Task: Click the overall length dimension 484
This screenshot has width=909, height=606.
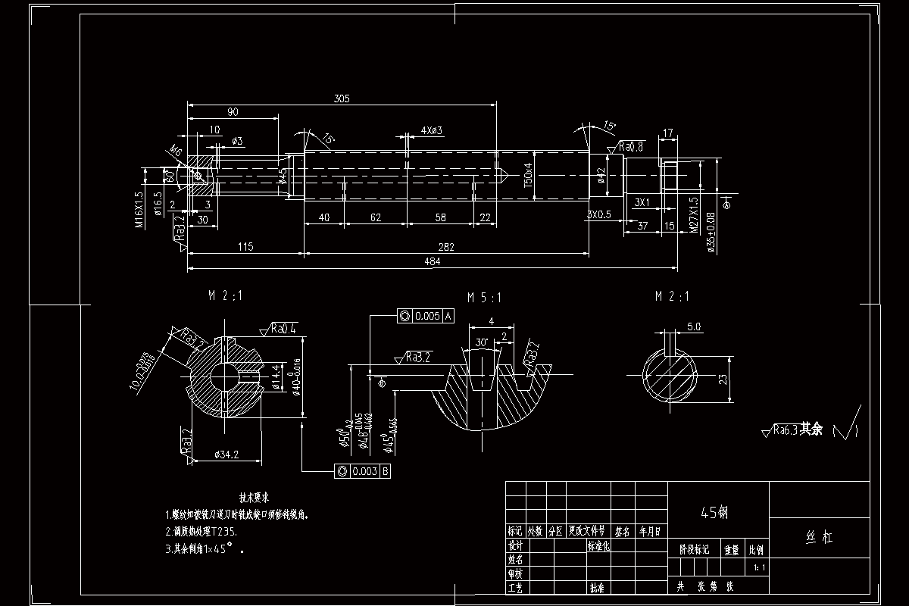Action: pos(433,261)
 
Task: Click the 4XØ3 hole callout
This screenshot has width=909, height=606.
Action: pos(432,130)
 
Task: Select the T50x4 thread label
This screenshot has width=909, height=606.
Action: pos(528,174)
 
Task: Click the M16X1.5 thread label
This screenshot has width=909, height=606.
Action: pos(139,209)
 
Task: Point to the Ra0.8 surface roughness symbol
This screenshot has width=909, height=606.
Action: pos(631,146)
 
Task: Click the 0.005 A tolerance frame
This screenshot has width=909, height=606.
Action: pos(426,316)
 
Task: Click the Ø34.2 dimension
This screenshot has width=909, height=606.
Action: pos(227,454)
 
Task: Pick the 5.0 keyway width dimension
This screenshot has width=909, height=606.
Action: pos(693,327)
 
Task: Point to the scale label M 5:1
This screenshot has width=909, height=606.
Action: pos(485,297)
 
